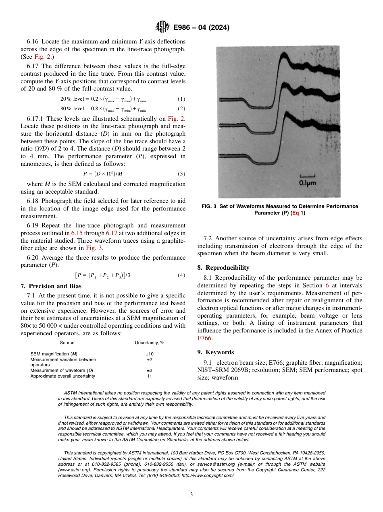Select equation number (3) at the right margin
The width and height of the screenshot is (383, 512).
click(x=181, y=174)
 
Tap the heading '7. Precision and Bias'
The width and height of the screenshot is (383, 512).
click(x=51, y=286)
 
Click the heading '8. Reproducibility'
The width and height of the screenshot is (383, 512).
click(x=223, y=268)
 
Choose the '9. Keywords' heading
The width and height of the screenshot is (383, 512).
click(x=215, y=352)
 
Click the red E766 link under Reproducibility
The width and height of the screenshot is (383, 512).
click(x=204, y=339)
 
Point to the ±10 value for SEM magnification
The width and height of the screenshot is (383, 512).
click(x=149, y=353)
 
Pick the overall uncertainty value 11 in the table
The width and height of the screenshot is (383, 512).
click(x=149, y=376)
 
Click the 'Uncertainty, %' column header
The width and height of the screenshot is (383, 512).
click(x=149, y=343)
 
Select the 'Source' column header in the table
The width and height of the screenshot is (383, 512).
click(x=67, y=343)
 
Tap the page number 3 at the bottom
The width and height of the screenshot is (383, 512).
click(x=191, y=494)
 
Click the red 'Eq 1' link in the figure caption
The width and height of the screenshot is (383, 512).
click(x=298, y=213)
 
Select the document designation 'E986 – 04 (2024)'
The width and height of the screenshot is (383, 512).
click(x=201, y=28)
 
